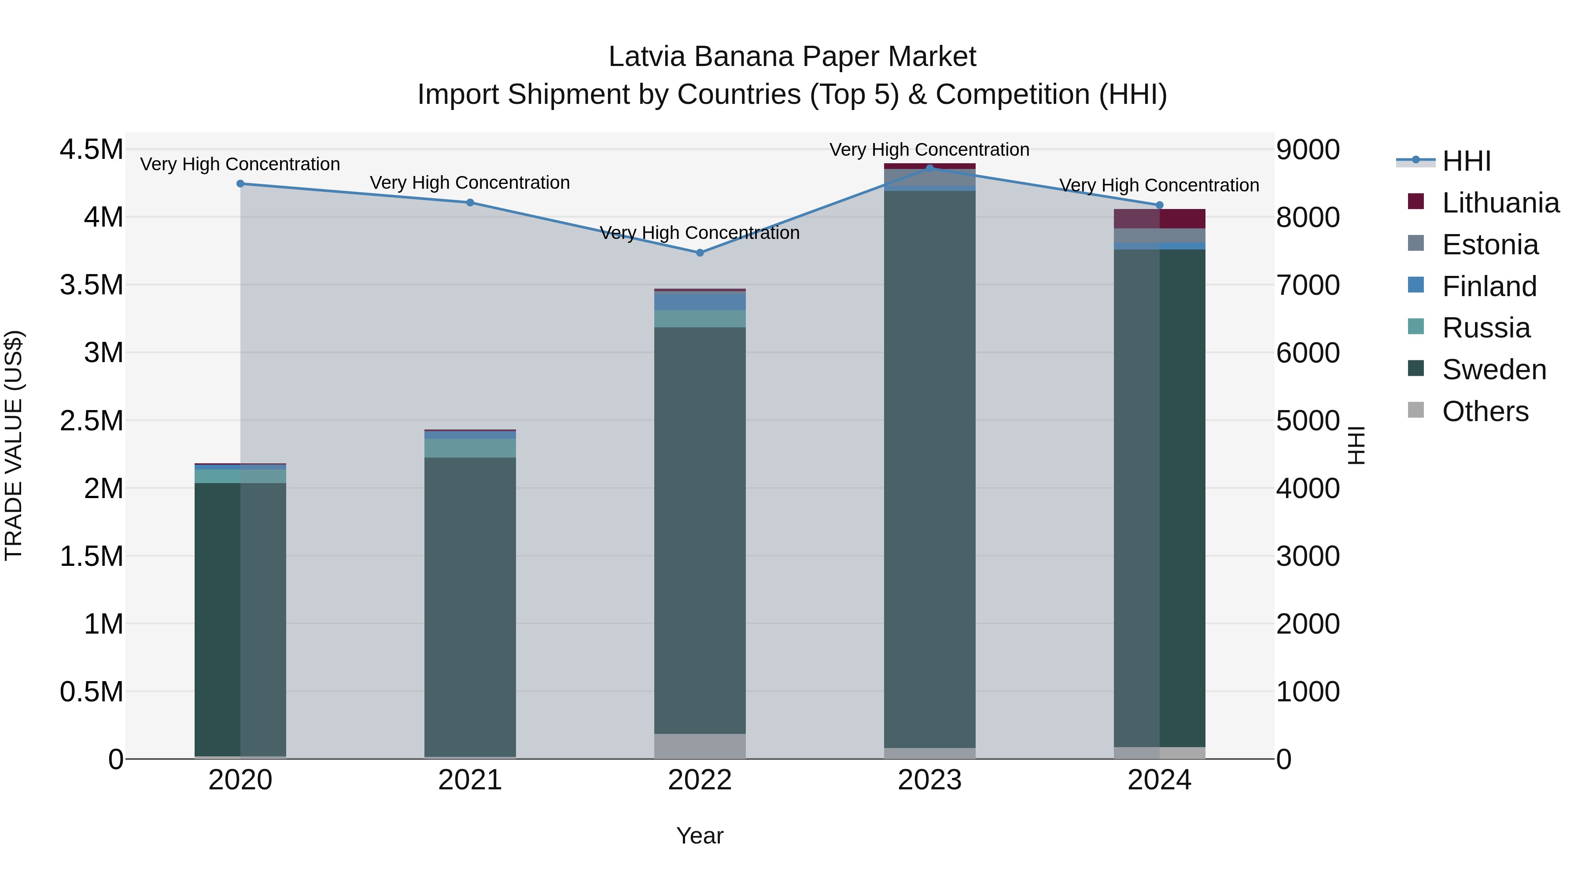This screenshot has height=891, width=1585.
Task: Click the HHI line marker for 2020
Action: click(240, 184)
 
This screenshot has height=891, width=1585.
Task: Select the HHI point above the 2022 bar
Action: click(700, 253)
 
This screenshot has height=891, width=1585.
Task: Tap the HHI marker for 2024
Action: click(1159, 205)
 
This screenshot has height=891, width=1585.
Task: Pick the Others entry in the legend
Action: click(1485, 411)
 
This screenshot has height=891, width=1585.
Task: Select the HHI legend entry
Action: click(1466, 161)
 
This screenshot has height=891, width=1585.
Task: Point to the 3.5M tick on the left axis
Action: click(91, 285)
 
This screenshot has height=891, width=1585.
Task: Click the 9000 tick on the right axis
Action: click(1308, 150)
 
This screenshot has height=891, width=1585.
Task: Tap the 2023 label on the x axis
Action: click(929, 780)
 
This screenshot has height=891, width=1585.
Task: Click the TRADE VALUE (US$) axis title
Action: click(14, 445)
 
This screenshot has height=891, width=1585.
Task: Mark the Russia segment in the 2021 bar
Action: click(470, 448)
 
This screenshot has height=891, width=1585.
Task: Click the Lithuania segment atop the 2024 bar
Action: click(1159, 219)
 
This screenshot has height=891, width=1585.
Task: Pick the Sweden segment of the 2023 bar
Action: click(929, 467)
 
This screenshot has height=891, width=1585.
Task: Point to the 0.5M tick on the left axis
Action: click(91, 692)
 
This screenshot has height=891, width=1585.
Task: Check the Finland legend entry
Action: click(1489, 286)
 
